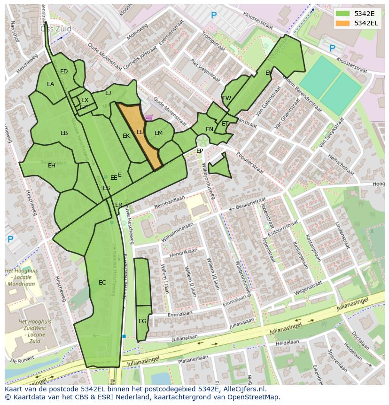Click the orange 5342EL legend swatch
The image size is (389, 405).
click(x=342, y=23)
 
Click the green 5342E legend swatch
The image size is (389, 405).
click(x=342, y=14)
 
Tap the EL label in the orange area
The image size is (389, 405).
click(x=140, y=133)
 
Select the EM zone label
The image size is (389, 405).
click(x=158, y=133)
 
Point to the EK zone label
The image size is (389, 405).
click(x=126, y=136)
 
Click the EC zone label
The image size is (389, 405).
click(x=102, y=283)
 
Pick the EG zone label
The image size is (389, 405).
click(x=142, y=321)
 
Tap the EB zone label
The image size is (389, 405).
click(x=64, y=133)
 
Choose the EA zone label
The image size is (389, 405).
click(x=50, y=84)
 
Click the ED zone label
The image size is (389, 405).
click(x=64, y=71)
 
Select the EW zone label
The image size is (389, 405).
click(x=226, y=98)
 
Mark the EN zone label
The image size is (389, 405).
click(x=210, y=129)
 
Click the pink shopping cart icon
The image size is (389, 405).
click(x=149, y=118)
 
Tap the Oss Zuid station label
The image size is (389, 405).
click(x=56, y=29)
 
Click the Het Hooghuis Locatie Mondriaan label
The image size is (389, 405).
click(x=21, y=278)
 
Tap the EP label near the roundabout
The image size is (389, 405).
click(x=200, y=151)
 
